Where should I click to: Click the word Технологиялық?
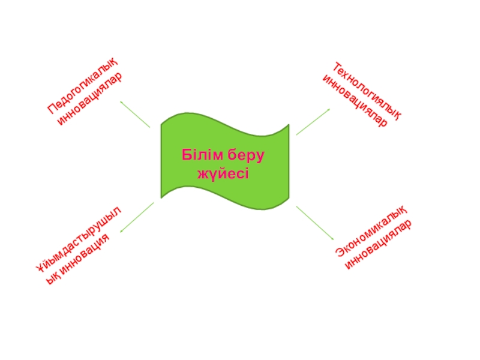367,89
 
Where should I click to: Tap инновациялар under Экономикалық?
379,246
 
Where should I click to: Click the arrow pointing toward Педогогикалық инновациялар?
135,114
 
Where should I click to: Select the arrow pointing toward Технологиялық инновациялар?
313,122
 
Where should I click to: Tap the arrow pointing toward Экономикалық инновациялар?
314,223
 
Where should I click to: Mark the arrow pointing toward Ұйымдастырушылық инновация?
137,217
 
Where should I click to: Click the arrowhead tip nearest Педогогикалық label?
121,101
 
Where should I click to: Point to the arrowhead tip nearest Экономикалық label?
333,240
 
